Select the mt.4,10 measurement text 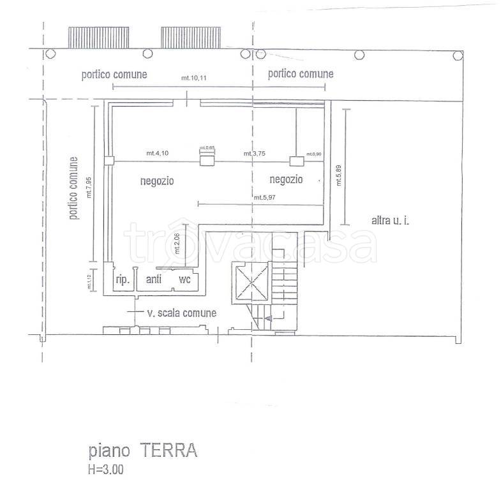(157, 153)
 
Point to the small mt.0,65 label (207, 148)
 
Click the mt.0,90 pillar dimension (313, 154)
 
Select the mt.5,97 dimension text (265, 197)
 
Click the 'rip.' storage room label (122, 279)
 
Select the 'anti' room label (154, 279)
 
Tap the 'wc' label (184, 279)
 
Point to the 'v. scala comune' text (181, 313)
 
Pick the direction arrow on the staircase (269, 317)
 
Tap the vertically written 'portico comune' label (74, 188)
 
